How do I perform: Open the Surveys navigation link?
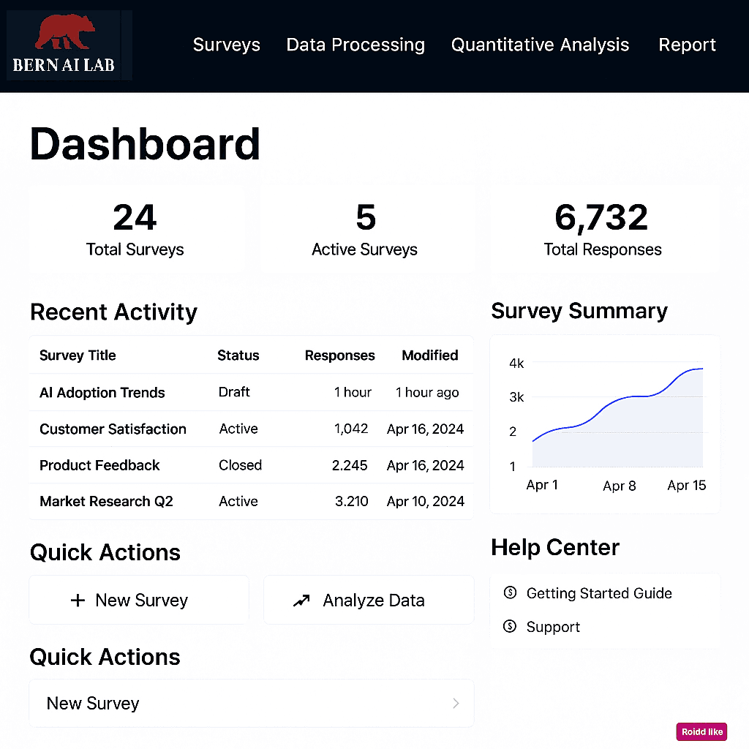(x=226, y=45)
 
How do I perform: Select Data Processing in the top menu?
(x=355, y=45)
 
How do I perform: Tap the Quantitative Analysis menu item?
(x=540, y=45)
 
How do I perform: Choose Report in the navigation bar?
(x=687, y=45)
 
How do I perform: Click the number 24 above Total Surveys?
(x=135, y=217)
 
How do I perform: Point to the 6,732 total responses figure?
(x=601, y=217)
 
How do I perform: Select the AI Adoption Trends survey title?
(x=102, y=393)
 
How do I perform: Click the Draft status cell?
(x=234, y=392)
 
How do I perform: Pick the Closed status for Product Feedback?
(x=240, y=465)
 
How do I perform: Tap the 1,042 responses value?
(x=351, y=429)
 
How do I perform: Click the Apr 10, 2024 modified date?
(x=425, y=502)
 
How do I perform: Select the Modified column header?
(x=429, y=355)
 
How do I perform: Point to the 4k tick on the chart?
(x=516, y=363)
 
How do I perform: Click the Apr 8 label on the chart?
(x=620, y=486)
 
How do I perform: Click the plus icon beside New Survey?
(x=78, y=601)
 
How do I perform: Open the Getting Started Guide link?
(x=598, y=593)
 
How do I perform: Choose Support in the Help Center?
(x=553, y=627)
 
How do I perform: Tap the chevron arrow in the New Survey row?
(x=456, y=704)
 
